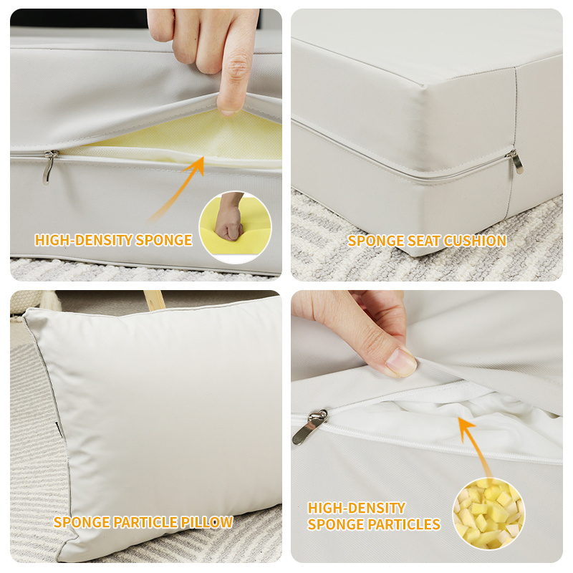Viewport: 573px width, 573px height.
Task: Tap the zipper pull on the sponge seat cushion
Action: (514, 161)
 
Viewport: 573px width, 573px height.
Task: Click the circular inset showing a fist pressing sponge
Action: (236, 227)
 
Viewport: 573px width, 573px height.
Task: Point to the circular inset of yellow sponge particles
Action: (489, 514)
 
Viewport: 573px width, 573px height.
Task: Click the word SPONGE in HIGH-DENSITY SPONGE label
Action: (164, 240)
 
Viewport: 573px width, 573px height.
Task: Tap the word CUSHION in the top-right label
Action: (475, 241)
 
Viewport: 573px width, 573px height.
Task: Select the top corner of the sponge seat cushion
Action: (425, 86)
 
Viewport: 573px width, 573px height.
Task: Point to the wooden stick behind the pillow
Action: (154, 299)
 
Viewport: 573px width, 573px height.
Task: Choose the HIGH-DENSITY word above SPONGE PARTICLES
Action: (357, 508)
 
